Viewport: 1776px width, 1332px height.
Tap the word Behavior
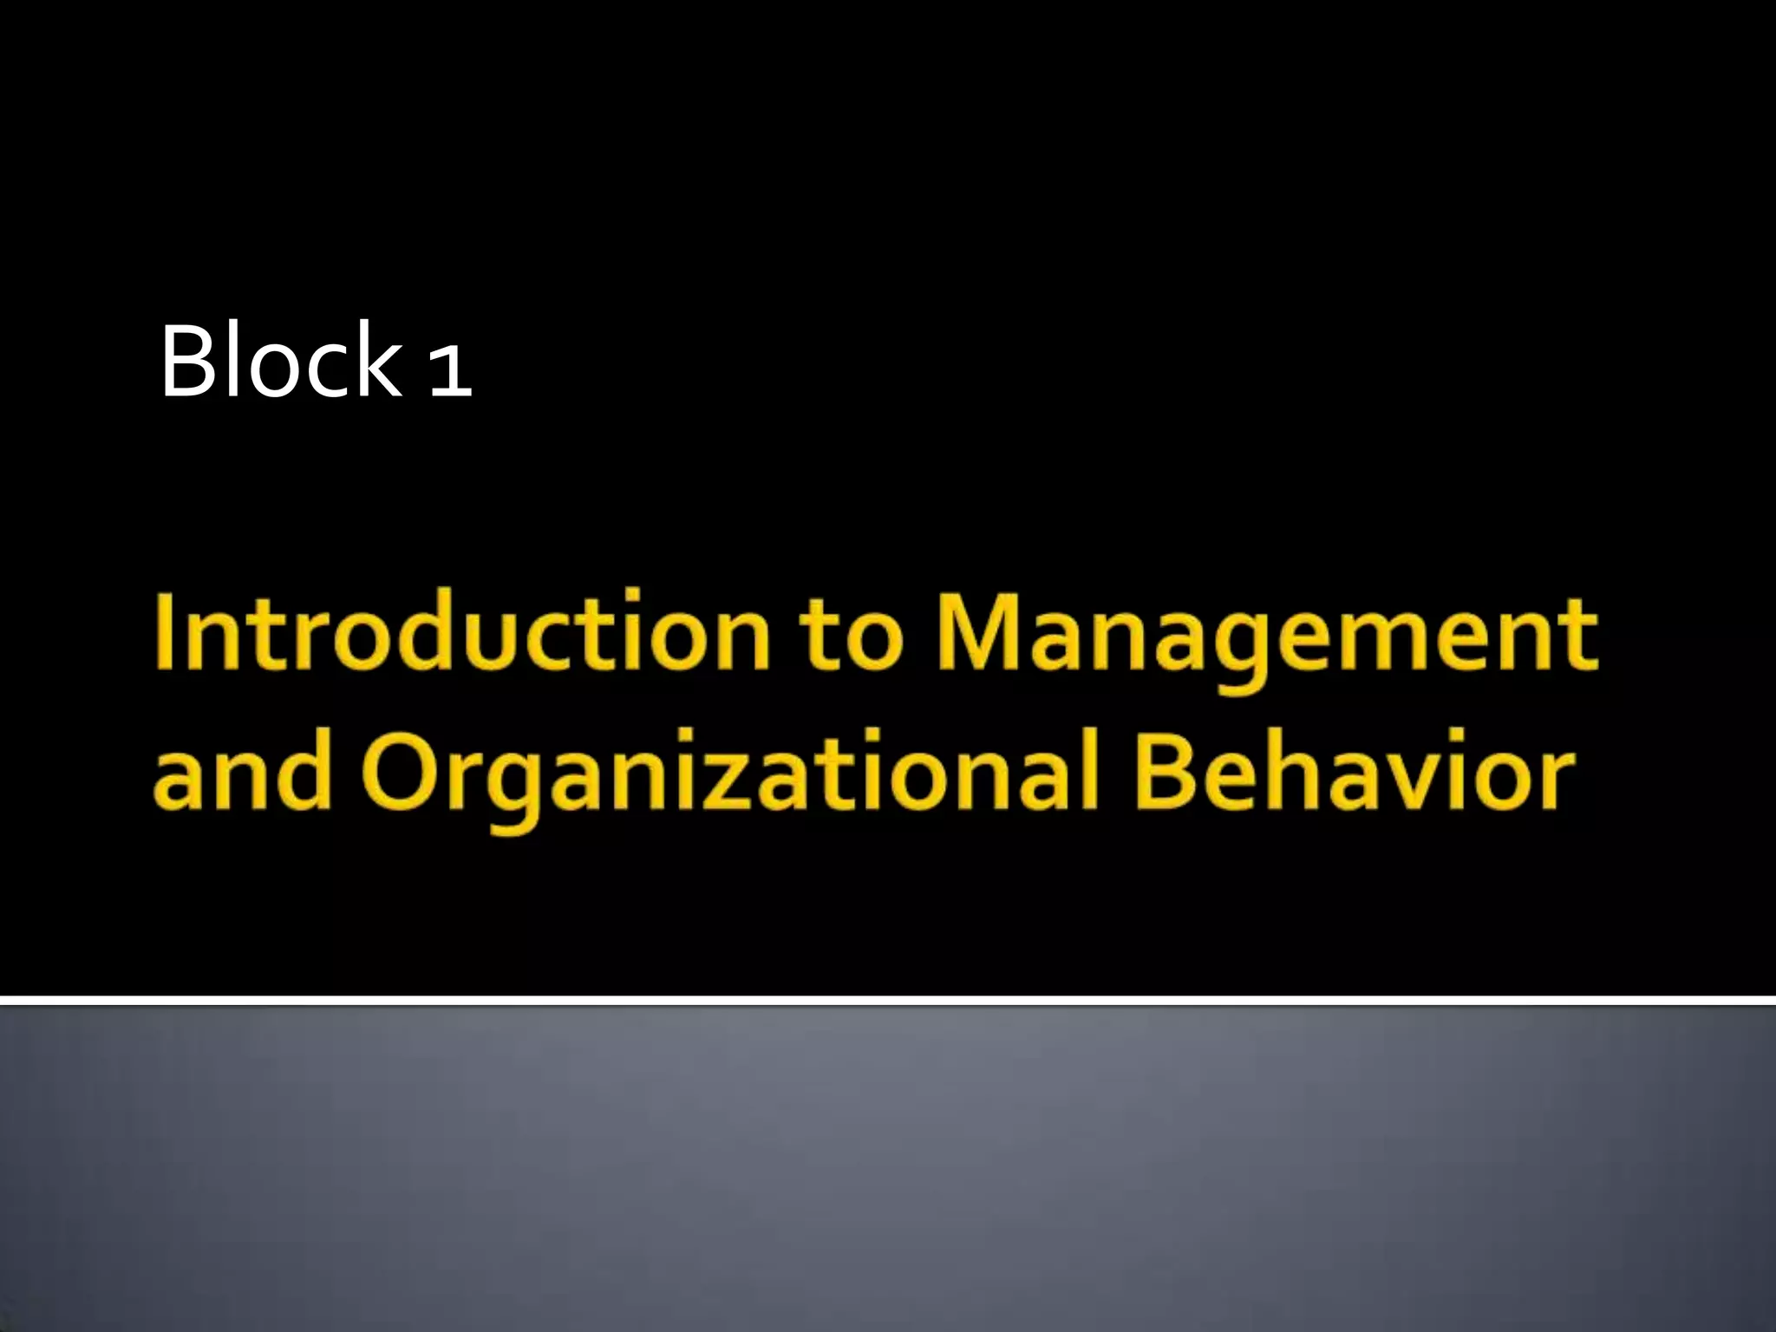1354,772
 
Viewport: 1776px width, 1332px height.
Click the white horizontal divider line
888,1001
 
